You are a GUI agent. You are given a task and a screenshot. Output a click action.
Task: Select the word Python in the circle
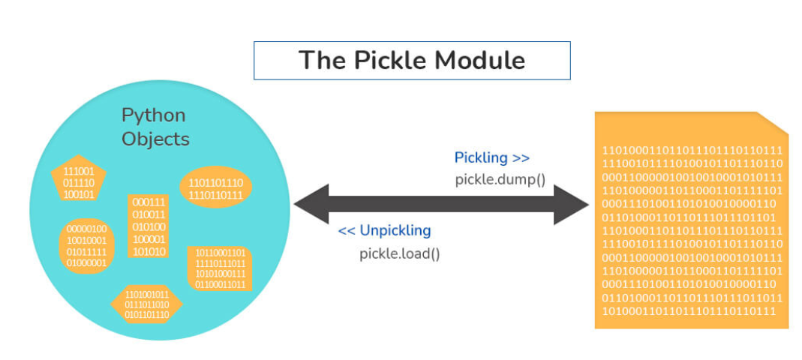click(x=153, y=115)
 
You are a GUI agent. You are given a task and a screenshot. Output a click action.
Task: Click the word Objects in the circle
click(x=155, y=139)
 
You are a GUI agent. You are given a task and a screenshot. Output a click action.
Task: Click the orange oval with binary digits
click(x=216, y=188)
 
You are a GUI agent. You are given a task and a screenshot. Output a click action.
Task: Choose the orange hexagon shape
click(x=147, y=304)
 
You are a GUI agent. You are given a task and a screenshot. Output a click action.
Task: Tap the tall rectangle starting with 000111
click(x=149, y=226)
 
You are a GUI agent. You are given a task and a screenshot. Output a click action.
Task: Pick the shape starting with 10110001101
click(x=220, y=268)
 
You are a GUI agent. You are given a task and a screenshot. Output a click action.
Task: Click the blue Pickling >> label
click(x=491, y=157)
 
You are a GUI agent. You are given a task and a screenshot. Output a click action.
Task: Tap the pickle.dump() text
click(x=500, y=180)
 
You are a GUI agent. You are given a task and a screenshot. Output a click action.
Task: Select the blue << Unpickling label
click(x=384, y=230)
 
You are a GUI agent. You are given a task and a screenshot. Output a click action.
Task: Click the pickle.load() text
click(x=399, y=253)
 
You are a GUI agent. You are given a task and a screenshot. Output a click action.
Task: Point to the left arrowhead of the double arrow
click(x=309, y=204)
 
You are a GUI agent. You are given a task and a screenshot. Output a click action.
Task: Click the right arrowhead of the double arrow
click(x=573, y=204)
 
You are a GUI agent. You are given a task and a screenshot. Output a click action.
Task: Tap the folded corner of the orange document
click(x=773, y=123)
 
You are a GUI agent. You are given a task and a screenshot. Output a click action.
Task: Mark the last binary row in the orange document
click(x=689, y=310)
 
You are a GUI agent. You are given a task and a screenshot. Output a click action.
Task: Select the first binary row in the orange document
click(x=692, y=150)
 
